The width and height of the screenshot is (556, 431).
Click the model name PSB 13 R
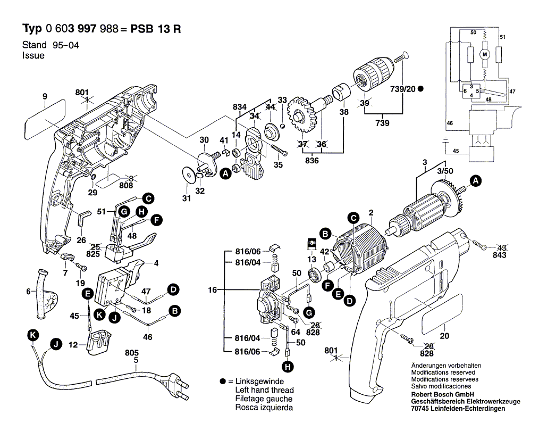click(157, 29)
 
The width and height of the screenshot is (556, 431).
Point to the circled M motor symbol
click(484, 54)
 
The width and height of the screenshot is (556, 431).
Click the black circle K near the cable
click(33, 335)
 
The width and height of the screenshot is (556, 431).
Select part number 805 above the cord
click(132, 352)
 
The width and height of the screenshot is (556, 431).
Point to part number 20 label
click(445, 336)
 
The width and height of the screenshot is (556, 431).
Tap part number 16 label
click(213, 290)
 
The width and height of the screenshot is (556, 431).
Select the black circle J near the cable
click(55, 344)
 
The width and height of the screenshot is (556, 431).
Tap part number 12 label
click(73, 345)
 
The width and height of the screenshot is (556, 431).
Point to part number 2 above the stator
click(370, 211)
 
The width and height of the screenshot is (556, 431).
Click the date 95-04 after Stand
click(65, 46)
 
